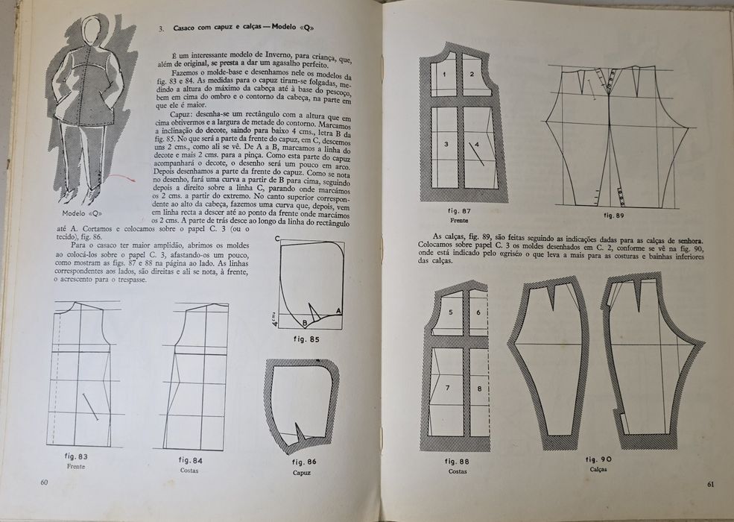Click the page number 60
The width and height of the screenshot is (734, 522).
coord(45,482)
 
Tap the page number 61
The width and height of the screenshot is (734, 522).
coord(711,485)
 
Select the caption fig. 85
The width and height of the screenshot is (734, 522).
coord(306,339)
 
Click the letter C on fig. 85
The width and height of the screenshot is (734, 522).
coord(277,239)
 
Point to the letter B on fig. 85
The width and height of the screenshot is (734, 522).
coord(305,323)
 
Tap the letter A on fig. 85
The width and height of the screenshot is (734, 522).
coord(338,311)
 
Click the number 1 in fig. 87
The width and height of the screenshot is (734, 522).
coord(444,74)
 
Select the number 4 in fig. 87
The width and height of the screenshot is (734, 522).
coord(477,145)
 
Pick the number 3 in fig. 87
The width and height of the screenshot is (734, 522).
coord(446,144)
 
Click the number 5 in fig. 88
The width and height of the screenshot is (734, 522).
coord(451,312)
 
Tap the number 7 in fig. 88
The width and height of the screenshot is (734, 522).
coord(448,388)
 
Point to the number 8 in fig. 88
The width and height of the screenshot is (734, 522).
coord(479,389)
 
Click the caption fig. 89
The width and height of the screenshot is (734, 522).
coord(614,216)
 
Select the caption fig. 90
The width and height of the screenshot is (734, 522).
coord(598,459)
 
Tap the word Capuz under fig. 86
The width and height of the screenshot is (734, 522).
coord(302,472)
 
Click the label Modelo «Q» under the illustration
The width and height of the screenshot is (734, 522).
coord(82,213)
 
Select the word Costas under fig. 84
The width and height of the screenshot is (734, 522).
coord(189,470)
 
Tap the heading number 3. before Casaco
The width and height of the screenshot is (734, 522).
coord(160,28)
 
